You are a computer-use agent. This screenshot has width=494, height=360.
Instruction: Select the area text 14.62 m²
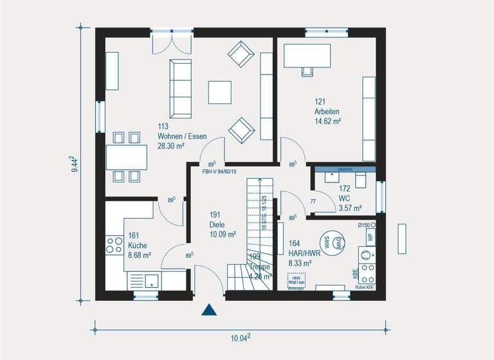pos(327,120)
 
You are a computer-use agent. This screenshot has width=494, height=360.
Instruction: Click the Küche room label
pos(138,246)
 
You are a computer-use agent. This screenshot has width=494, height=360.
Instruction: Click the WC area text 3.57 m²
pos(350,208)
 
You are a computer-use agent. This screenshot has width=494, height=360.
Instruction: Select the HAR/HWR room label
pos(304,253)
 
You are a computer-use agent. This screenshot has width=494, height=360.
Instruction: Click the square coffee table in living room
pos(219,91)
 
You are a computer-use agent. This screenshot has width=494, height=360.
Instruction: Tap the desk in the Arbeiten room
pos(307,55)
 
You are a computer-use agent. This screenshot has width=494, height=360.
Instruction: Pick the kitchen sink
pos(151,280)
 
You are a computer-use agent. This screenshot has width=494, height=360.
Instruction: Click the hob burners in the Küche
pos(114,245)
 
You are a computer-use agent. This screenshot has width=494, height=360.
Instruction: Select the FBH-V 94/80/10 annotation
pos(219,172)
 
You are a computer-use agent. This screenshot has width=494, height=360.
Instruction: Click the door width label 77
pos(314,202)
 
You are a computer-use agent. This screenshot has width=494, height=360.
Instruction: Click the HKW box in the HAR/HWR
pos(297,281)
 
